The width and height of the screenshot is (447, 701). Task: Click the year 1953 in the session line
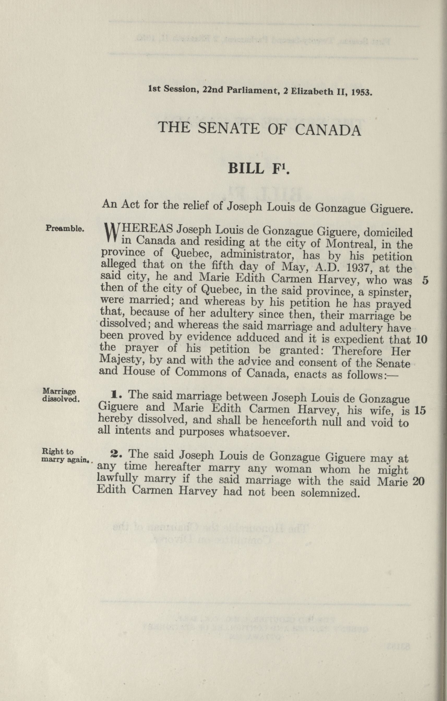click(361, 93)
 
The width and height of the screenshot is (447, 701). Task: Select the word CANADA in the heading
click(328, 130)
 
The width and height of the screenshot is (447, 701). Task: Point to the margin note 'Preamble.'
click(65, 229)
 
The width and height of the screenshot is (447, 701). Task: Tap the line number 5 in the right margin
click(425, 280)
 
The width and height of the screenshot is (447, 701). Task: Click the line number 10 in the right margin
click(421, 339)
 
